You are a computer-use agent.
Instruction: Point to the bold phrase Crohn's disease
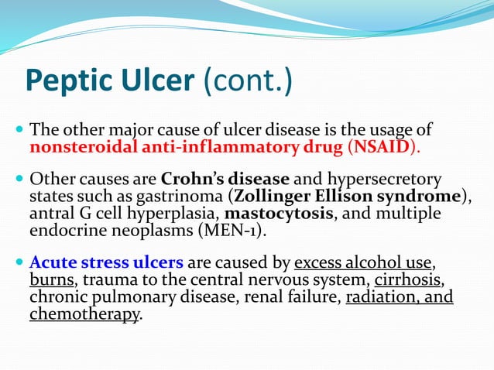(224, 180)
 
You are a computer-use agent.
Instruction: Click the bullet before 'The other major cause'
(19, 128)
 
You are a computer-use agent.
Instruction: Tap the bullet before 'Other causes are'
(19, 180)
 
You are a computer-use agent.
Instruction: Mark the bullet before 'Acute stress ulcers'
(19, 264)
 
